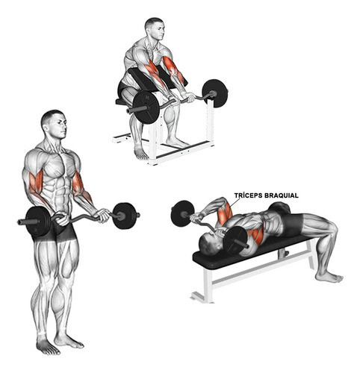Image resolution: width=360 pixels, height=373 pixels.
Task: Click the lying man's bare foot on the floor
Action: pos(329,277)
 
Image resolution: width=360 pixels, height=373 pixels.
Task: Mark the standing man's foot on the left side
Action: pos(46,346)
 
